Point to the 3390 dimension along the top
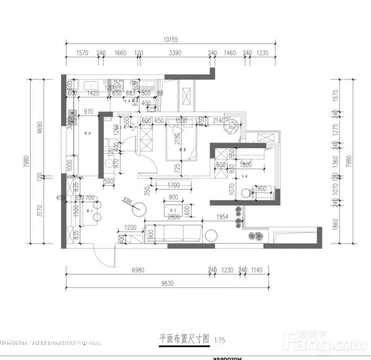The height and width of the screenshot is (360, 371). (x=175, y=53)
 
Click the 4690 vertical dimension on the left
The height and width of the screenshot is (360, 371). (x=40, y=127)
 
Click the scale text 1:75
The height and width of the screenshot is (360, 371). (x=220, y=340)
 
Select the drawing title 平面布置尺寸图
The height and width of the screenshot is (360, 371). (x=185, y=338)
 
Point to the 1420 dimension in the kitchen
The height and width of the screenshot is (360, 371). (x=93, y=93)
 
